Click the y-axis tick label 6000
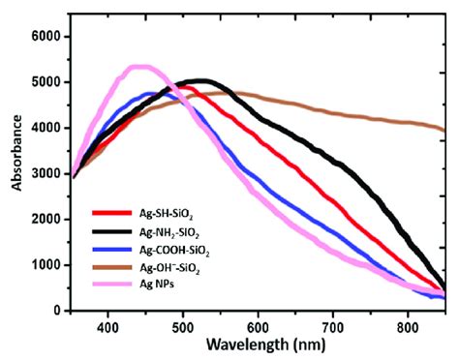tap(46, 36)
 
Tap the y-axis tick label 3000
tap(46, 173)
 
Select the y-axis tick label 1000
tap(46, 265)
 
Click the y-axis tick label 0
tap(55, 311)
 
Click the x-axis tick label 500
tap(183, 327)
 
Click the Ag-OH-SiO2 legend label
tap(169, 269)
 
